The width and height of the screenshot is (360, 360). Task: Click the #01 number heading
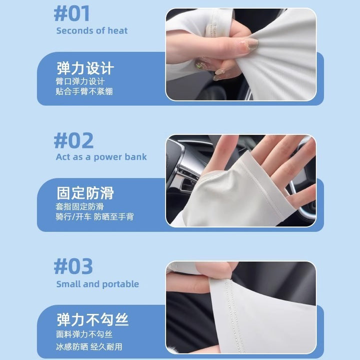[x=71, y=14]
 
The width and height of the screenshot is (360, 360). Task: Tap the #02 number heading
[x=73, y=140]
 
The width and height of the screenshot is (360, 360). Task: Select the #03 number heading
[x=73, y=266]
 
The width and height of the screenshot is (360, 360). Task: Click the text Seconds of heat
[x=92, y=30]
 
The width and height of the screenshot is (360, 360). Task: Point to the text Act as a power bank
[x=101, y=157]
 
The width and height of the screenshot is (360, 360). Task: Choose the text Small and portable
[x=97, y=284]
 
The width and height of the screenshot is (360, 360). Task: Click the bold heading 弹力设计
[x=85, y=68]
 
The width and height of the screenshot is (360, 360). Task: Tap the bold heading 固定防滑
[x=85, y=193]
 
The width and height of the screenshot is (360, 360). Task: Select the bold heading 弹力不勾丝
[x=92, y=319]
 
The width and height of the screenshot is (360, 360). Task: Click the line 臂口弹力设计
[x=80, y=81]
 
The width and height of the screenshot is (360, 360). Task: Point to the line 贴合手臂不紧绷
[x=84, y=91]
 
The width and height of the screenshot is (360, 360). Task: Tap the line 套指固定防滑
[x=79, y=206]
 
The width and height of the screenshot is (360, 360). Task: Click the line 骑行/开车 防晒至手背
[x=94, y=216]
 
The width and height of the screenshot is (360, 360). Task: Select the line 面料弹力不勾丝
[x=84, y=334]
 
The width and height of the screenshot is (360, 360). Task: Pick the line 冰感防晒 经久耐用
[x=89, y=346]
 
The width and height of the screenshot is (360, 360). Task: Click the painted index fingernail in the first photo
[x=249, y=43]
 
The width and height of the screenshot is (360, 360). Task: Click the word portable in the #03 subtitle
[x=120, y=284]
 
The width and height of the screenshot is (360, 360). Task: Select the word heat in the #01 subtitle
[x=117, y=30]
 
